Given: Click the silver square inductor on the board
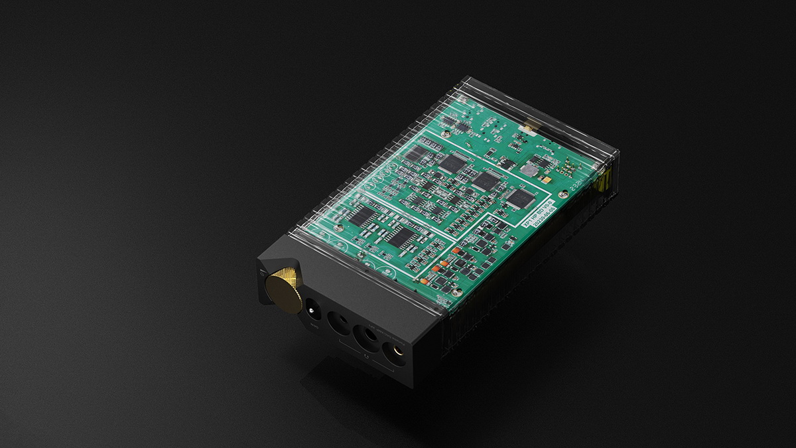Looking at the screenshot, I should pyautogui.click(x=528, y=170).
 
